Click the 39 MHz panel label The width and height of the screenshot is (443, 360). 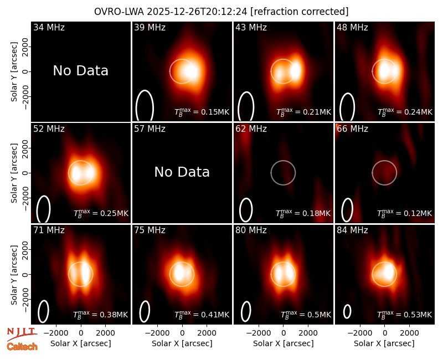[x=150, y=27]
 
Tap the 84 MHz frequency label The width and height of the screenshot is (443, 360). [x=352, y=230]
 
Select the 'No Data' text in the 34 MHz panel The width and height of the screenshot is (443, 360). [x=80, y=71]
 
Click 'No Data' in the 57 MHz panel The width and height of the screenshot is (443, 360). [x=182, y=172]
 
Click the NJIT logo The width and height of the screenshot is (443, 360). [x=22, y=333]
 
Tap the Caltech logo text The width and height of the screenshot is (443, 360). [x=22, y=347]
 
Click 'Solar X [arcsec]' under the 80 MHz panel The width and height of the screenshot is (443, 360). [x=283, y=343]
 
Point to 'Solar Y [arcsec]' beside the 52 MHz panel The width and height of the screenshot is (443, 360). [x=14, y=173]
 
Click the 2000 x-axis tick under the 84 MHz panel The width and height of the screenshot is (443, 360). [x=409, y=333]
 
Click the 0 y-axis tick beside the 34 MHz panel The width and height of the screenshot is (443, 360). [x=25, y=71]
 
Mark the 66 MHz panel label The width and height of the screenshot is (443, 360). [x=352, y=129]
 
